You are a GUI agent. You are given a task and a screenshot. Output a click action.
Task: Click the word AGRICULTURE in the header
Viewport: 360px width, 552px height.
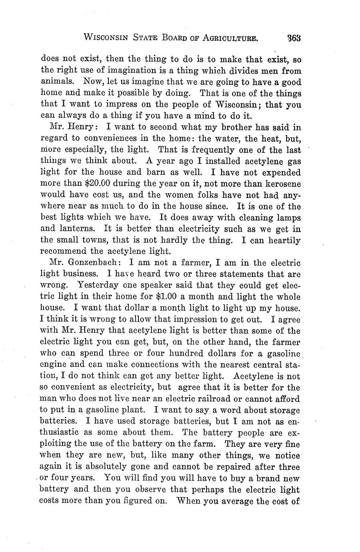tap(224, 38)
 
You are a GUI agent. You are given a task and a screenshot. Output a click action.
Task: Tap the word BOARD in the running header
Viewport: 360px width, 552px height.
tap(176, 38)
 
